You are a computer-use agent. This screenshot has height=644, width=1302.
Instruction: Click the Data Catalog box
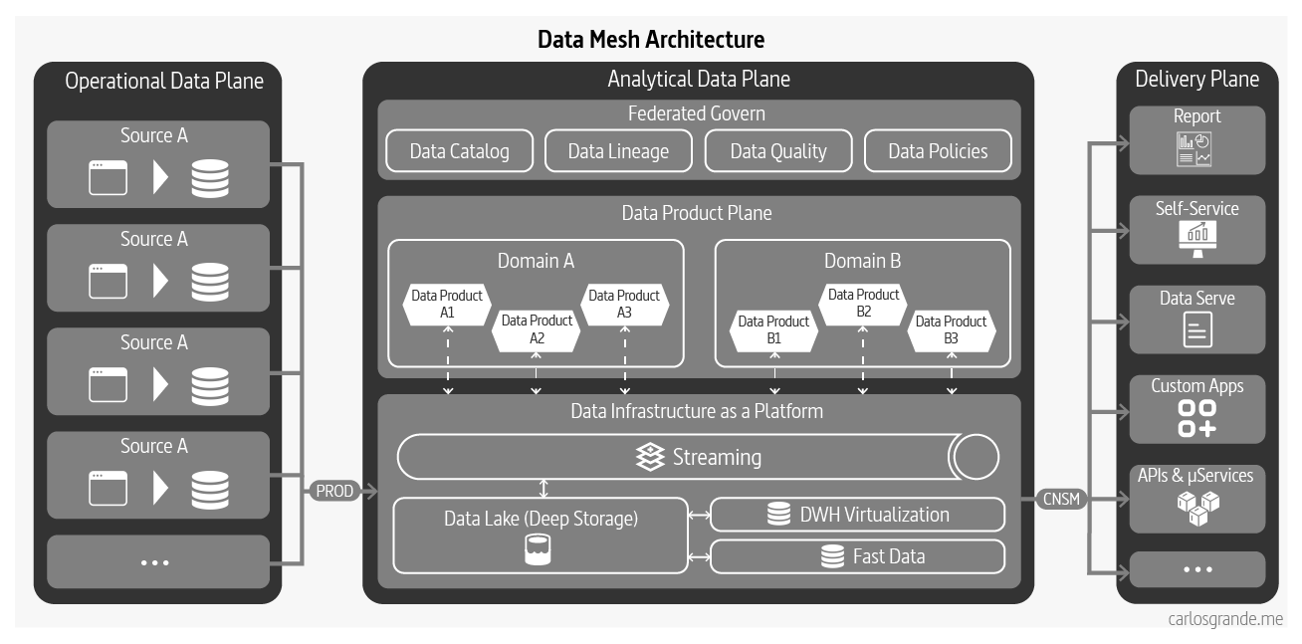point(459,151)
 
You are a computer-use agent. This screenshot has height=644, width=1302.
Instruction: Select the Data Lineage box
point(618,151)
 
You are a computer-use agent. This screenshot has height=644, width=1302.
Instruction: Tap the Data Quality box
point(777,151)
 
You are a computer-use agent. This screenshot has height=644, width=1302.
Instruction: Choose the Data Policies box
point(938,151)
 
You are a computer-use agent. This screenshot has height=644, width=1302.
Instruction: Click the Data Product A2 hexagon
point(537,329)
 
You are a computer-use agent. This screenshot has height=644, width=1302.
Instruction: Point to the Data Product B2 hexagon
point(863,303)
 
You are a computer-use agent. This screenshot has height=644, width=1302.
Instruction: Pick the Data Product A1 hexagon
point(447,304)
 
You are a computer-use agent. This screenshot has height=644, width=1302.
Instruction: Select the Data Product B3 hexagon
point(951,329)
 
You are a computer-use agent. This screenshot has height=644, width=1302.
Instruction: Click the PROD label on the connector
point(334,491)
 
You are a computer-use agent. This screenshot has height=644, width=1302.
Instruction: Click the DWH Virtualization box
point(857,515)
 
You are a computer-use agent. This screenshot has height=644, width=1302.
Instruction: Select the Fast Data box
point(857,556)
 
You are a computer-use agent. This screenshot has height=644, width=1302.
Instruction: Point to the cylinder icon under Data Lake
point(539,549)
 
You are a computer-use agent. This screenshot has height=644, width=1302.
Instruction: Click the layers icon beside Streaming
point(650,457)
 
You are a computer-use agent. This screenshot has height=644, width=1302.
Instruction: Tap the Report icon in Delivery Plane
point(1195,149)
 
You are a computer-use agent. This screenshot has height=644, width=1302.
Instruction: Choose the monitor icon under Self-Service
point(1196,237)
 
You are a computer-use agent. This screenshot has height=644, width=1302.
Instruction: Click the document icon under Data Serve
point(1197,328)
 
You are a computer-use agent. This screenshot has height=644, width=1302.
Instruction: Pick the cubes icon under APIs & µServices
point(1196,509)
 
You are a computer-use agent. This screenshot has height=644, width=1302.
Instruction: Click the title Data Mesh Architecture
point(651,40)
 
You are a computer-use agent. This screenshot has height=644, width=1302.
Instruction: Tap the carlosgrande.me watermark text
point(1225,619)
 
